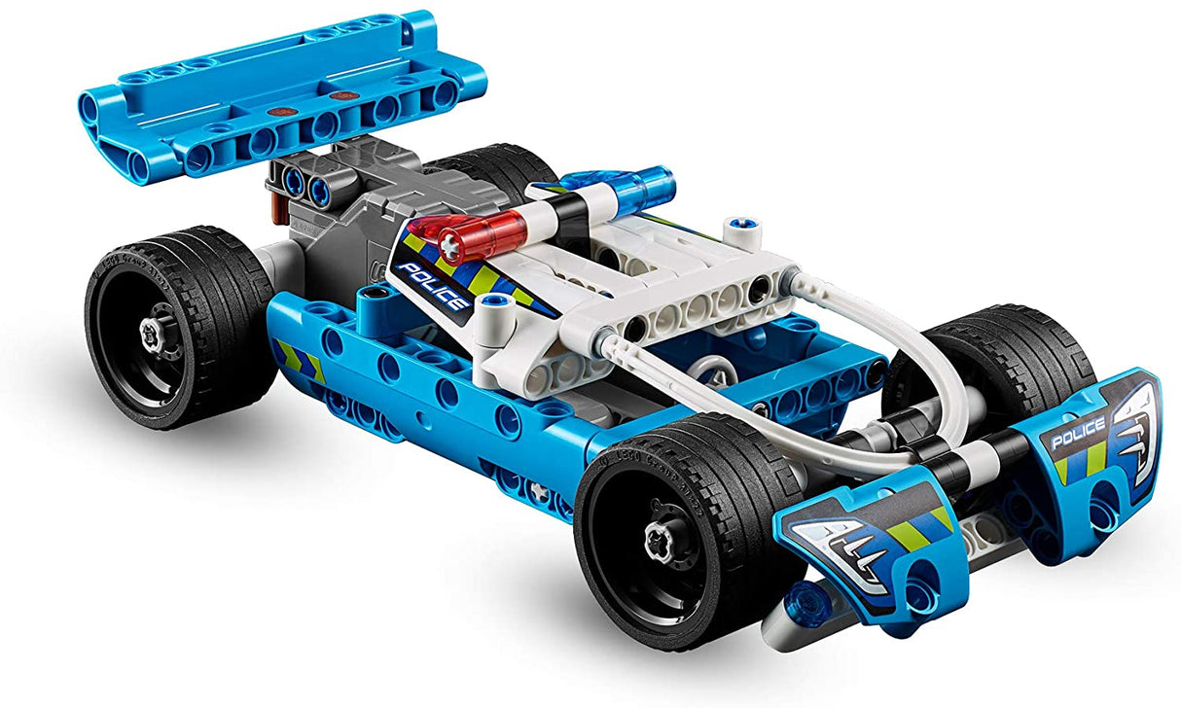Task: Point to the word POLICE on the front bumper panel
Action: [x=1077, y=428]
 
